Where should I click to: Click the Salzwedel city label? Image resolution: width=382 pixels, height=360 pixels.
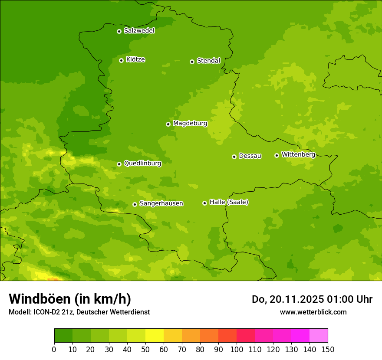pyautogui.click(x=139, y=31)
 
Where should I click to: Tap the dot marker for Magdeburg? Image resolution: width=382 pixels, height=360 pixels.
pyautogui.click(x=168, y=124)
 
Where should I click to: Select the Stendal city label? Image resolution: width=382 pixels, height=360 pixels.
pyautogui.click(x=208, y=61)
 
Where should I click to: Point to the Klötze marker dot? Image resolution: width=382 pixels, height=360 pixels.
pyautogui.click(x=121, y=60)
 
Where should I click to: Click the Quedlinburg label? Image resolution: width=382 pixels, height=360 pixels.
pyautogui.click(x=142, y=164)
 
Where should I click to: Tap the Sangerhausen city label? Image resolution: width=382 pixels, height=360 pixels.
pyautogui.click(x=161, y=203)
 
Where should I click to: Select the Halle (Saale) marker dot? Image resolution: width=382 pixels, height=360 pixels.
pyautogui.click(x=204, y=203)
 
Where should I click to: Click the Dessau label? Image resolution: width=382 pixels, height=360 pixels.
pyautogui.click(x=250, y=156)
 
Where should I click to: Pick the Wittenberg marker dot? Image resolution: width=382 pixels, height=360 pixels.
pyautogui.click(x=277, y=155)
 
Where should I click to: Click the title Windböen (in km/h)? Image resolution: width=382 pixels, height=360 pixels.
pyautogui.click(x=70, y=299)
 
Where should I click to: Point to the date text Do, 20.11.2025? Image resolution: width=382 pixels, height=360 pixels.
pyautogui.click(x=287, y=299)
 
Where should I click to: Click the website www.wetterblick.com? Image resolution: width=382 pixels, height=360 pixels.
pyautogui.click(x=313, y=312)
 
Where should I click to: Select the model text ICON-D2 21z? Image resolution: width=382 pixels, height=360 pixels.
pyautogui.click(x=52, y=312)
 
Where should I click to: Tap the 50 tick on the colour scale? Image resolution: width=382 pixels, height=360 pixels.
pyautogui.click(x=145, y=349)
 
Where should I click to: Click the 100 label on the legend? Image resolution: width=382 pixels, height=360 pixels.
pyautogui.click(x=237, y=349)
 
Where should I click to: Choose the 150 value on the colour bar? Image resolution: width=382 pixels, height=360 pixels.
pyautogui.click(x=328, y=349)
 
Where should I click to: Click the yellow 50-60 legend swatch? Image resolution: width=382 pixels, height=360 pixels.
pyautogui.click(x=155, y=336)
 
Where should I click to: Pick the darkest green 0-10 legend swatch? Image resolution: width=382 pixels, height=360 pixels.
pyautogui.click(x=63, y=336)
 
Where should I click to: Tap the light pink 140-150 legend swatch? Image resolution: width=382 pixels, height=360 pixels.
pyautogui.click(x=319, y=336)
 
